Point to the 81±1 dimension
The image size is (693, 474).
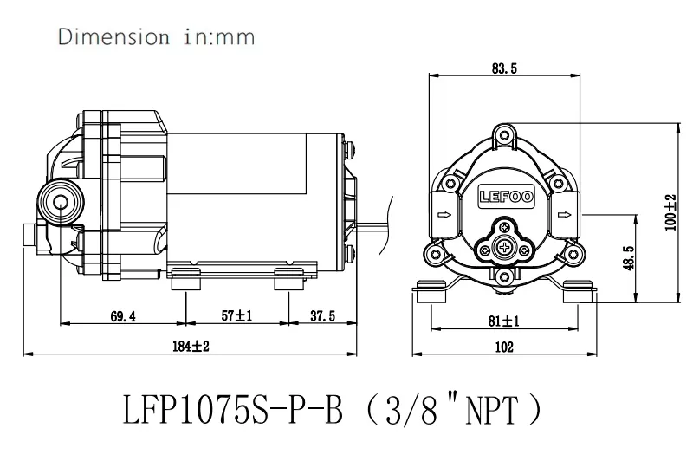503,321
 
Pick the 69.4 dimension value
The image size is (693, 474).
123,316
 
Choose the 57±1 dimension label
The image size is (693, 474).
236,316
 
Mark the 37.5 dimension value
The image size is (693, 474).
321,316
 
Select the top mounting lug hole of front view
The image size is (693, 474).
505,133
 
